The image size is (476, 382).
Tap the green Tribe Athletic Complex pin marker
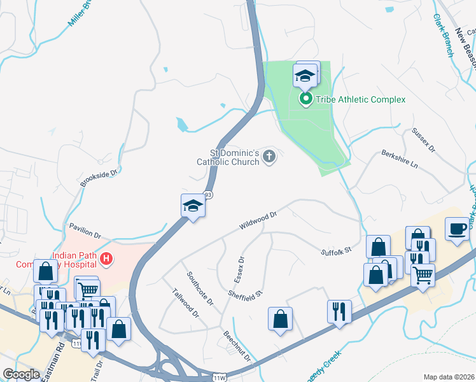click(305, 99)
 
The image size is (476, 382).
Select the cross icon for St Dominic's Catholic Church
click(270, 156)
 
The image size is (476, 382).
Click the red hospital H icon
click(106, 258)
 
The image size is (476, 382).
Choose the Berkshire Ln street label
click(400, 160)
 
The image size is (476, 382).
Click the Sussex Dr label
click(423, 139)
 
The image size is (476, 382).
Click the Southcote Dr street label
click(200, 288)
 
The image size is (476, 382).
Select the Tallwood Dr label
click(186, 304)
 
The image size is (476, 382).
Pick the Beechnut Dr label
click(237, 346)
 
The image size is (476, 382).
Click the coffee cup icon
click(457, 229)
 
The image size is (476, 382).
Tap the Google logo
click(21, 374)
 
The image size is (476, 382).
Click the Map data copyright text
click(449, 377)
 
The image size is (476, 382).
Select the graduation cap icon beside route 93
click(193, 206)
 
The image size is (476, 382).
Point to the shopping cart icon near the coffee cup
click(423, 275)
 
